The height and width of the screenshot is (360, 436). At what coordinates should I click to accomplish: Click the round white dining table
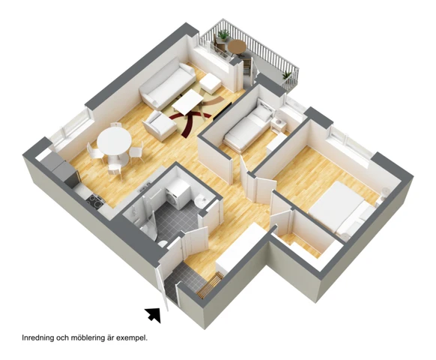pos(113,141)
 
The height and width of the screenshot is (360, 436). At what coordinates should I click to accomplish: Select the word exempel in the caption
pos(130,337)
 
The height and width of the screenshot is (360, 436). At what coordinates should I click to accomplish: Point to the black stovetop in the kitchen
pos(94,199)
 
